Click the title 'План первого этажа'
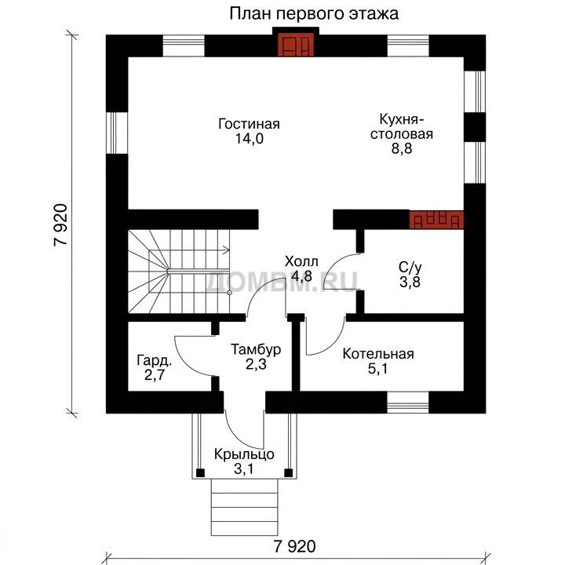coord(314,14)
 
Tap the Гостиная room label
coord(249,124)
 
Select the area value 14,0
coord(250,138)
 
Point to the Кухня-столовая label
coord(402,126)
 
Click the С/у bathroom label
coord(410,268)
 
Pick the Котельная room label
coord(378,354)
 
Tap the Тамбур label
coord(256,349)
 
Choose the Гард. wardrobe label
coord(155,361)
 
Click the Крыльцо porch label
coord(244,454)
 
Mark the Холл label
coord(301,261)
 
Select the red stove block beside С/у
coord(436,220)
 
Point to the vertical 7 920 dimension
coord(60,225)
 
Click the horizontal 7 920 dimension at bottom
coord(295,547)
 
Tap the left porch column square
coord(200,472)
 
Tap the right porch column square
coord(288,472)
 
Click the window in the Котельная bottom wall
coord(408,402)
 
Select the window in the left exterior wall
coord(117,133)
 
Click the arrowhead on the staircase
coord(227,250)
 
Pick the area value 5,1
coord(378,369)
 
